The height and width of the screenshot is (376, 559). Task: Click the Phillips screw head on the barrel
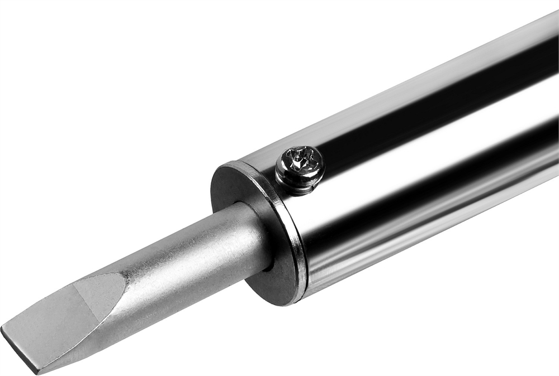click(x=300, y=167)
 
